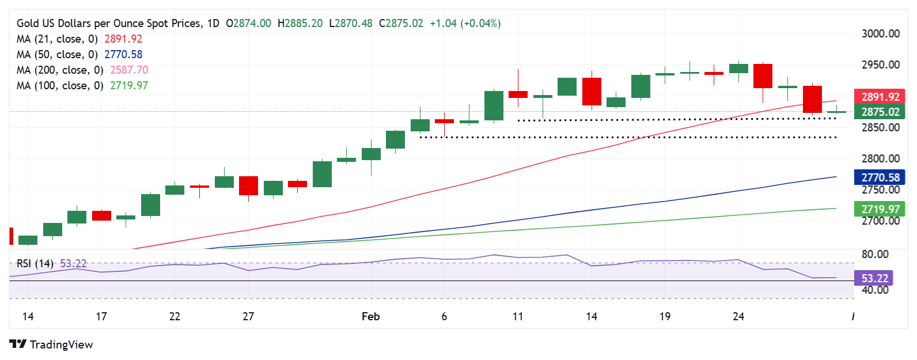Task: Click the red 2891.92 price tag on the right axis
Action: click(880, 97)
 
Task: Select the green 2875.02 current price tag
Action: click(880, 112)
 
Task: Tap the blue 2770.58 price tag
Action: click(880, 177)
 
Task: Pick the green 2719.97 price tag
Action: click(880, 209)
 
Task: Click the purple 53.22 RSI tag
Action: click(874, 278)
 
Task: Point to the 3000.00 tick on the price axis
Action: click(880, 33)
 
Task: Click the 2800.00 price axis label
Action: click(880, 158)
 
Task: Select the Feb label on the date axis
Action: click(370, 316)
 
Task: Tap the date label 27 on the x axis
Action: click(248, 316)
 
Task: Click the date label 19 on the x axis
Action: click(665, 316)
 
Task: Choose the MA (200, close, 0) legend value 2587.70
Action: click(126, 70)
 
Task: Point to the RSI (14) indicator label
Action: click(35, 263)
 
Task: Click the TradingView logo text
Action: click(61, 344)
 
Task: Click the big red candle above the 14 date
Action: click(592, 91)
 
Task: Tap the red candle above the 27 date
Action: click(248, 185)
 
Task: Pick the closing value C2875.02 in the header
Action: click(401, 24)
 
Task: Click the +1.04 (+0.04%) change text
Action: click(465, 24)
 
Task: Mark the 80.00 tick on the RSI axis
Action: click(874, 254)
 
